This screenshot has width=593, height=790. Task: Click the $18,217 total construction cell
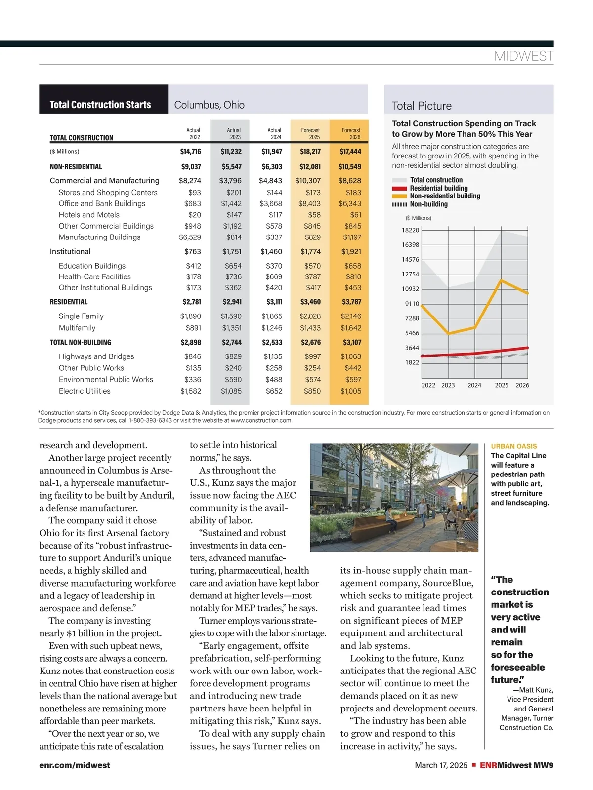[x=310, y=152]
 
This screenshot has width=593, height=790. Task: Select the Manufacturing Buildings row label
[x=99, y=237]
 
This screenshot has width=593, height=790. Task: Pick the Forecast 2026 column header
[x=351, y=134]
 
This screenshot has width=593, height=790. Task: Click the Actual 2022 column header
[x=193, y=134]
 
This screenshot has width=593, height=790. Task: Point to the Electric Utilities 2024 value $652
[x=274, y=391]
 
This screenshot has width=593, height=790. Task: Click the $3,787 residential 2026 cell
[x=351, y=302]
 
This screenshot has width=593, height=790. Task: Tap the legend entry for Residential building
[x=438, y=188]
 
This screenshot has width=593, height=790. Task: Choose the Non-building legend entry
[x=428, y=204]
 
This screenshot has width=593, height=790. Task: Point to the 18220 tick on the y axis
[x=410, y=230]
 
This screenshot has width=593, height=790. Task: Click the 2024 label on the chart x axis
[x=474, y=385]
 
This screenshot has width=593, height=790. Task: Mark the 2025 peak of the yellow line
[x=502, y=280]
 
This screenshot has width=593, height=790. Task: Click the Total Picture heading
[x=422, y=106]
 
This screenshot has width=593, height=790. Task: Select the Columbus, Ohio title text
[x=210, y=105]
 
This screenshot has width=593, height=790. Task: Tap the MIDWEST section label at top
[x=523, y=56]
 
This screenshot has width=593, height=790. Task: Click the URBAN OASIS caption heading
[x=513, y=446]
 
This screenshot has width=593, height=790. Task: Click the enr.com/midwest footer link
[x=75, y=765]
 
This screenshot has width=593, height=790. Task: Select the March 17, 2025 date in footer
[x=441, y=765]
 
